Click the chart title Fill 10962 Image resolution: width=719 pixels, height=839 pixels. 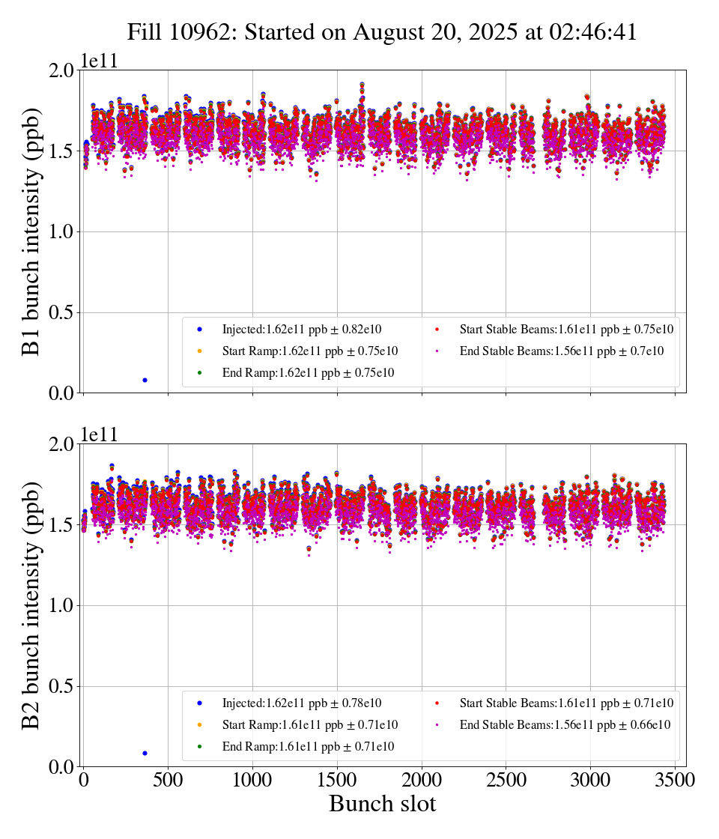click(x=382, y=32)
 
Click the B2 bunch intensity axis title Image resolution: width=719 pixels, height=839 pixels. click(x=31, y=605)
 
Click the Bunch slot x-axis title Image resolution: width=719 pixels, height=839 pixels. click(x=382, y=804)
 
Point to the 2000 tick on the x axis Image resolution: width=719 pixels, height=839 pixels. click(x=422, y=780)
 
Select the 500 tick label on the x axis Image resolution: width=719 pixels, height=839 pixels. click(x=168, y=780)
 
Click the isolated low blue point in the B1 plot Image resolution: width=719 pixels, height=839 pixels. click(x=145, y=380)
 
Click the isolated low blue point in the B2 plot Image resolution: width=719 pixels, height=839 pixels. click(x=145, y=753)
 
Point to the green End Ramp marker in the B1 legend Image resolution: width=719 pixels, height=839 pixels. click(x=200, y=373)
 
